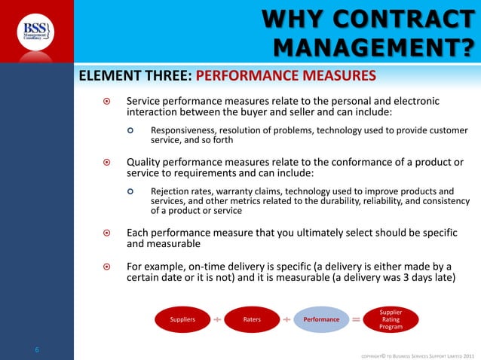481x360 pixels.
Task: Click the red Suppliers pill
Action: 182,319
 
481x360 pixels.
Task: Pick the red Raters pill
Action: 252,319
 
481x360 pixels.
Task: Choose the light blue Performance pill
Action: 321,319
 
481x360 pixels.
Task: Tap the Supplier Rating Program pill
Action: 391,319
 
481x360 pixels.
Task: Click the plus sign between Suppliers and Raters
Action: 217,319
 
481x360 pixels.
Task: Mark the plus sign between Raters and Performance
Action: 286,319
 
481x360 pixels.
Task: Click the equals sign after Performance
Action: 356,319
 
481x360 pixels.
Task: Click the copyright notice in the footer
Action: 418,353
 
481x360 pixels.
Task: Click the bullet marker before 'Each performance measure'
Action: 106,233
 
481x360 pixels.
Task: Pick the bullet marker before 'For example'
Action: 106,267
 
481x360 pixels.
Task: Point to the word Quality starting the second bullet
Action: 143,161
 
